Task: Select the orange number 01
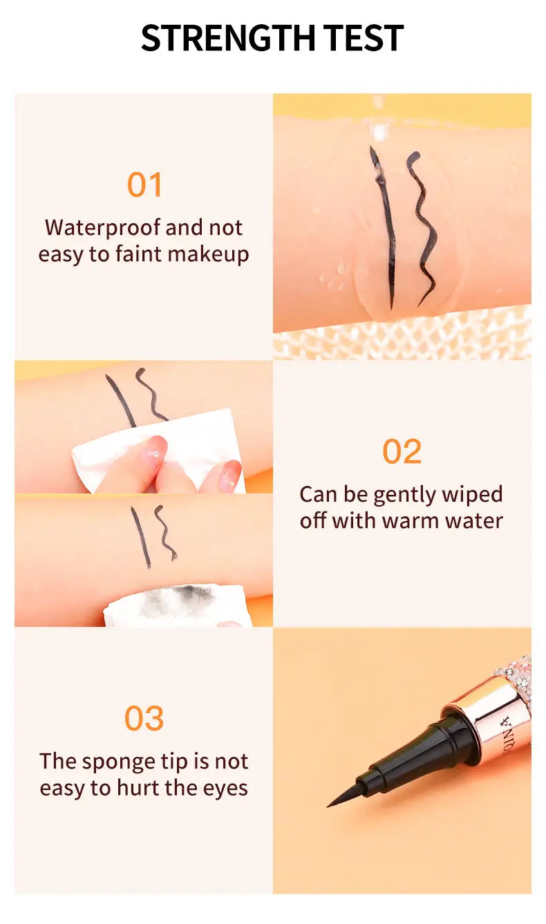tap(144, 185)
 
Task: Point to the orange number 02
tap(402, 452)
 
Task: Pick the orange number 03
tap(144, 719)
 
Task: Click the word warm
tap(411, 520)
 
